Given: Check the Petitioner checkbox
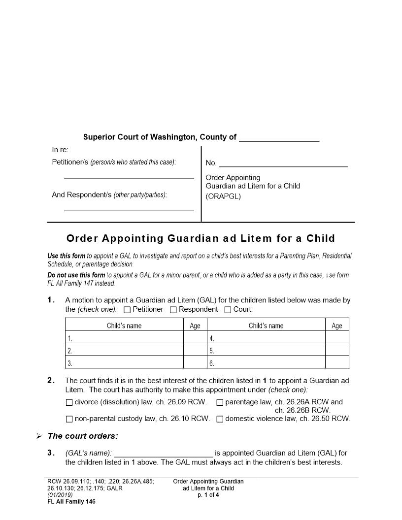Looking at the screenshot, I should click(x=127, y=310).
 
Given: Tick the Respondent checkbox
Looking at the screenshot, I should click(x=173, y=310).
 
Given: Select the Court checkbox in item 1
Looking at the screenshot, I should click(x=228, y=310).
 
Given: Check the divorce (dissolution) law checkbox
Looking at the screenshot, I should click(x=69, y=402).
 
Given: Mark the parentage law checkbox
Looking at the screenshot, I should click(x=220, y=402).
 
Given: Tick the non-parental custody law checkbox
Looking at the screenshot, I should click(x=69, y=419).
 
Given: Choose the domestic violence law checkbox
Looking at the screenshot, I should click(x=220, y=419).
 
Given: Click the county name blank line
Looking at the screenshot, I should click(x=279, y=138).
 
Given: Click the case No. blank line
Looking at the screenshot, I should click(x=283, y=163).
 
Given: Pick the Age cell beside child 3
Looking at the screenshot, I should click(x=195, y=363).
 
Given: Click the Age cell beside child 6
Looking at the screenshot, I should click(x=337, y=363).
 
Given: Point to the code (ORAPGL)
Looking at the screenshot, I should click(x=223, y=196).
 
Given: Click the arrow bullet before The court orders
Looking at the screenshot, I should click(x=39, y=436).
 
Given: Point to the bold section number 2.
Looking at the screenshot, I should click(x=50, y=380).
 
